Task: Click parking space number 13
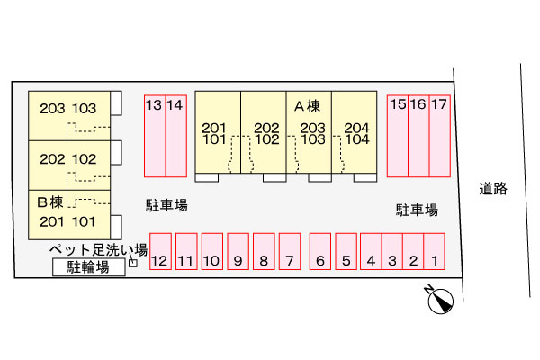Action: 155,136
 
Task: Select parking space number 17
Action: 440,136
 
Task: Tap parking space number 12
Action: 160,251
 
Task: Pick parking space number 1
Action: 435,251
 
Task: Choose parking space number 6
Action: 320,251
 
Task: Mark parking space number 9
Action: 238,251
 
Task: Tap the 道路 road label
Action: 493,189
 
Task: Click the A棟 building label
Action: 307,106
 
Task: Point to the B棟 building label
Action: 49,202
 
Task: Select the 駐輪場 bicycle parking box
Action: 89,267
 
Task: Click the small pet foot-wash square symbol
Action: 133,263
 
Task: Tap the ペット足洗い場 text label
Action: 98,250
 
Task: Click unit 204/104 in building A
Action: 355,132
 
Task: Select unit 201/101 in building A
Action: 218,132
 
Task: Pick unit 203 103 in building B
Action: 69,116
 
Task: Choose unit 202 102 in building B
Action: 69,166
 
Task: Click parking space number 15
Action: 398,136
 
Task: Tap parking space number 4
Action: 371,251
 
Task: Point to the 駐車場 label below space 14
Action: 166,205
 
